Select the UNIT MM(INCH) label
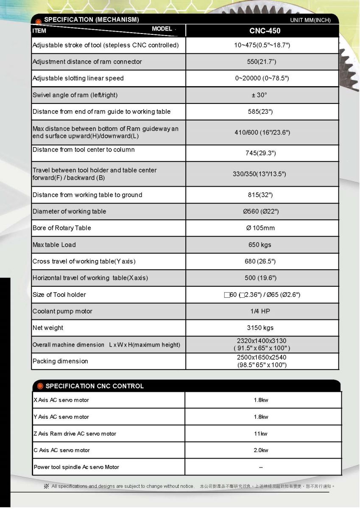coord(310,20)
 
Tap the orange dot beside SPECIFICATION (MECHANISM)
coord(39,21)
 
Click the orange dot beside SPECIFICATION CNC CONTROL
coord(40,386)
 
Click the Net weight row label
coord(48,328)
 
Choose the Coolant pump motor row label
coord(62,311)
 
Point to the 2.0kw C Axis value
coord(261,450)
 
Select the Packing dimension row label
coord(60,361)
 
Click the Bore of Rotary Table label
coord(62,228)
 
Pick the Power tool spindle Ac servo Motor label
coord(76,467)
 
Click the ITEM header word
coord(39,31)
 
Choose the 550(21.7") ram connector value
coord(262,62)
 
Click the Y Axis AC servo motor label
coord(61,417)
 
